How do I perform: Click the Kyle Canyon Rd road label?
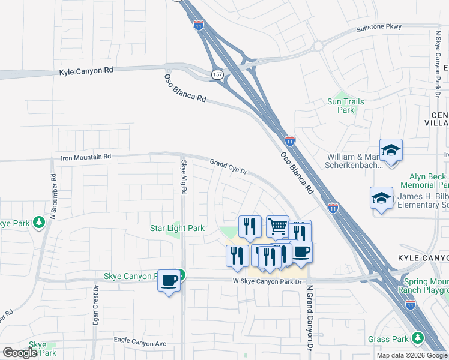[86, 71]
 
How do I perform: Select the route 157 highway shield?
[217, 73]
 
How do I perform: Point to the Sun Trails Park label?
[345, 106]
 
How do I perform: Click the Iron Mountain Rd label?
[86, 157]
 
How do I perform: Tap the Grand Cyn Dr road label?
[229, 166]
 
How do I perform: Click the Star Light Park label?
[177, 228]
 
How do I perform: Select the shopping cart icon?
[277, 227]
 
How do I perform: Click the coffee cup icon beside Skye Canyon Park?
[169, 280]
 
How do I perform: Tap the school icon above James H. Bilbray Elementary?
[381, 199]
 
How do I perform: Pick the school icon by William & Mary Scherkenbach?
[391, 150]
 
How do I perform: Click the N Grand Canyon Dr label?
[310, 316]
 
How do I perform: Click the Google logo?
[20, 353]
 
